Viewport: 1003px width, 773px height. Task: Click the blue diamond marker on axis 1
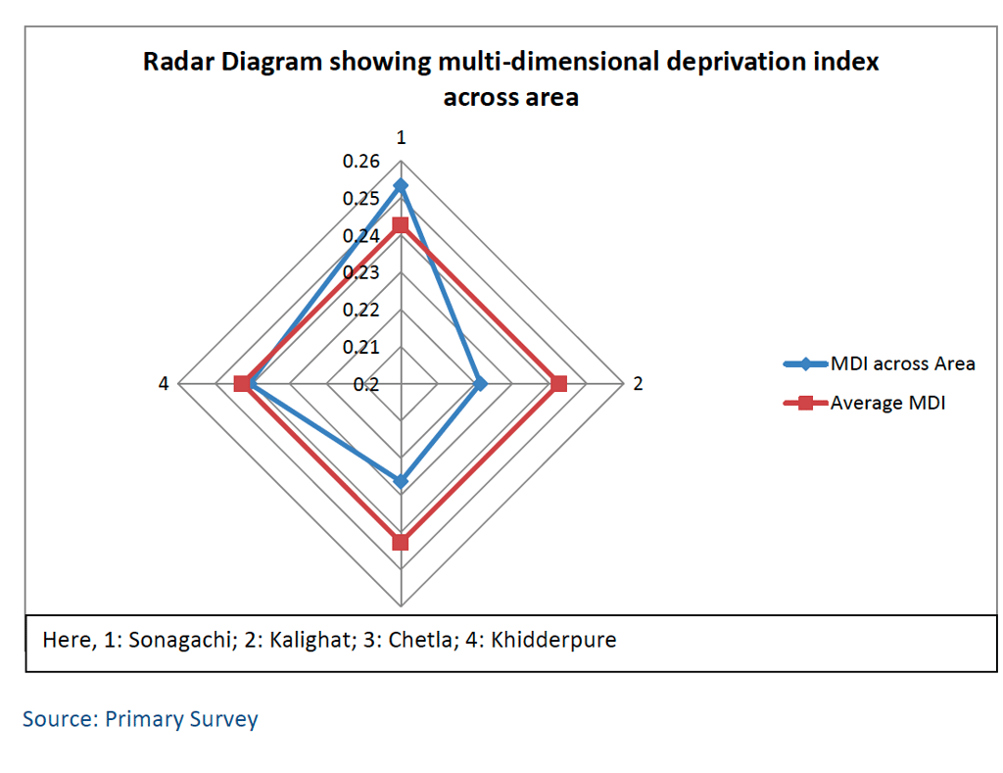400,185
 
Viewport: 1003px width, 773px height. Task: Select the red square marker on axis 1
400,226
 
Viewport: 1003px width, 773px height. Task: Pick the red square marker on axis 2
558,384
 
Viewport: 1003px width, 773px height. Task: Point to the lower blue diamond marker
400,480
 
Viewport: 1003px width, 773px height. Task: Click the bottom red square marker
400,543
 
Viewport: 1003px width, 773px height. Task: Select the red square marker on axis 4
242,384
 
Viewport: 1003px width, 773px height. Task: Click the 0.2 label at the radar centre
366,384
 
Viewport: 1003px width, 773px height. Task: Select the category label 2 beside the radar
638,384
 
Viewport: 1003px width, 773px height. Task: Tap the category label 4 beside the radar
165,384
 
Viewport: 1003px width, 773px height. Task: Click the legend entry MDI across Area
902,363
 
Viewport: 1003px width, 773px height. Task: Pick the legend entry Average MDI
887,402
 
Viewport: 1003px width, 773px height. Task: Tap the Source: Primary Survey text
140,719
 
